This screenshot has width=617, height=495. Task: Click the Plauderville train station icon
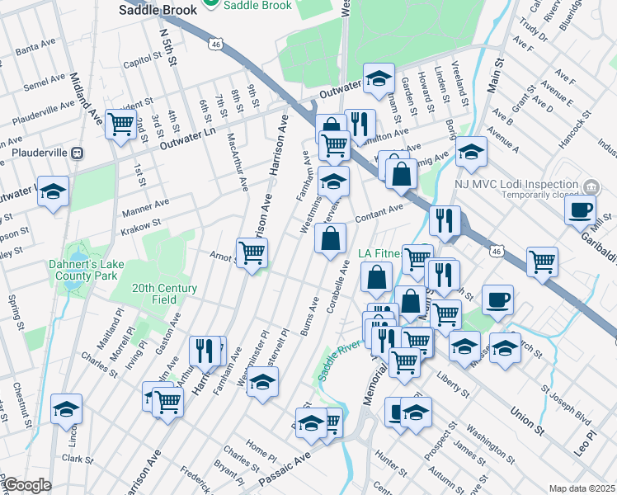(x=78, y=153)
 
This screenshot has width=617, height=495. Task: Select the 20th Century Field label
(x=165, y=294)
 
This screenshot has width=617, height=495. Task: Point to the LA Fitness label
(x=381, y=252)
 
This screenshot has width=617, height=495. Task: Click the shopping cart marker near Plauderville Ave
(x=121, y=125)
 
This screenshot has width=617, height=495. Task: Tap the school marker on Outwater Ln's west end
(x=53, y=191)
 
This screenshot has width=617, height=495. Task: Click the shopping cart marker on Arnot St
(x=252, y=252)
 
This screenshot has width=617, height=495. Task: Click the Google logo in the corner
(x=26, y=486)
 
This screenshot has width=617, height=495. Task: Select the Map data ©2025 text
(x=582, y=488)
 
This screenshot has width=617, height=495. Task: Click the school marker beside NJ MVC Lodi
(x=471, y=151)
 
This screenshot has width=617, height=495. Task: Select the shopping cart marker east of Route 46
(x=542, y=261)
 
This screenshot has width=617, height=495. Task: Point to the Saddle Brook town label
(x=158, y=10)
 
